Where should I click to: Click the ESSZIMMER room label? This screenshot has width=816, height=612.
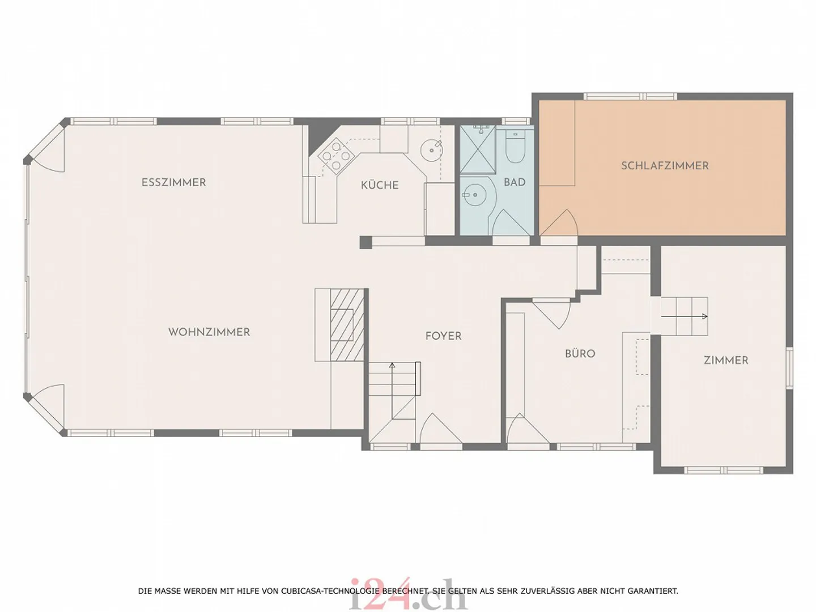coord(173,182)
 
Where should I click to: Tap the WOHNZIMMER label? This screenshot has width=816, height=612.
coord(209,332)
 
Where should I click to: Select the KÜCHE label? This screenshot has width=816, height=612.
coord(380,185)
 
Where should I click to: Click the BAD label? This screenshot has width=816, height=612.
coord(515,182)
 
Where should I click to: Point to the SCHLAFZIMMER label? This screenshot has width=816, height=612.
coord(665,166)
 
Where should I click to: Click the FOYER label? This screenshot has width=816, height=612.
coord(443,336)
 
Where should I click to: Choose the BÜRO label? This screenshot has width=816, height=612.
coord(580,354)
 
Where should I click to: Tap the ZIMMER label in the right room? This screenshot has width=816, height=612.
coord(726,360)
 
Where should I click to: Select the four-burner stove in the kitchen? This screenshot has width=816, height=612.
coord(335,156)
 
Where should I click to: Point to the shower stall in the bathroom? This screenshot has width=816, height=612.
coord(478,149)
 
